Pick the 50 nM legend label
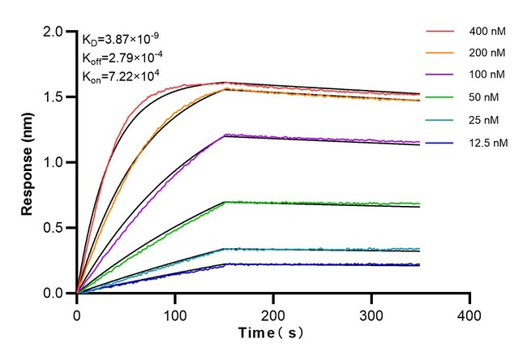click(486, 97)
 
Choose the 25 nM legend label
click(486, 119)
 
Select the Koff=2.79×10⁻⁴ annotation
click(121, 58)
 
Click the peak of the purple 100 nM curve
click(225, 134)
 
